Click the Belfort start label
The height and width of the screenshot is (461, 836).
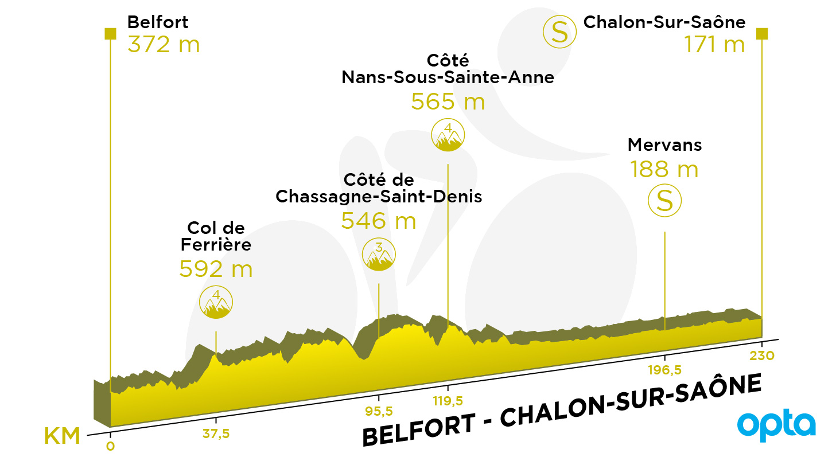pos(158,22)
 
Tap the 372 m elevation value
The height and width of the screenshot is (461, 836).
pos(164,44)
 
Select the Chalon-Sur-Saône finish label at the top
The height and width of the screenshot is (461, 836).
pos(664,22)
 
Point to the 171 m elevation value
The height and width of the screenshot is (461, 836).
pos(714,44)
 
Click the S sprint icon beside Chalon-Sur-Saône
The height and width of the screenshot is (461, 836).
pos(559,32)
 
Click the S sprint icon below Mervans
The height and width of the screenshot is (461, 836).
pos(664,200)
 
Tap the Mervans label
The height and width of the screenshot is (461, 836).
pos(664,144)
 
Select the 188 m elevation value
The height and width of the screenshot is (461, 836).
pos(664,169)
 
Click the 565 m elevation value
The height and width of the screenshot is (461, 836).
pos(448,101)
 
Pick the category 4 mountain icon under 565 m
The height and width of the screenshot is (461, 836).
pos(448,135)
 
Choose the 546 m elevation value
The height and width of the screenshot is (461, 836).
pos(379,221)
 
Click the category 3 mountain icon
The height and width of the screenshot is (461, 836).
pos(379,255)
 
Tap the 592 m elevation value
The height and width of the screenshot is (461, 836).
pos(216,269)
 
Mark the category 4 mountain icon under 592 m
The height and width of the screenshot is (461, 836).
pos(216,302)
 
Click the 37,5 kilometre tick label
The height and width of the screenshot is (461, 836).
pos(216,434)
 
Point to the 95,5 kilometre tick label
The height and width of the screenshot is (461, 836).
pos(379,411)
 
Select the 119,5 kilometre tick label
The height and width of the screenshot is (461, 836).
pos(448,401)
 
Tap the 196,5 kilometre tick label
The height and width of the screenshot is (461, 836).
pos(664,370)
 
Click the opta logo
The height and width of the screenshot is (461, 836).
pos(776,425)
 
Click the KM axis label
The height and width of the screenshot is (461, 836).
pos(62,436)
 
